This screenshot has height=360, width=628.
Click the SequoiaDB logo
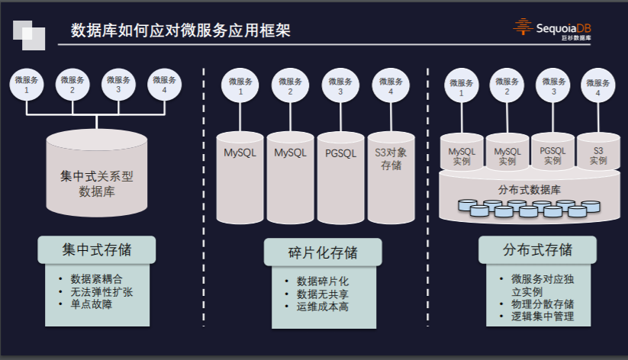(553, 30)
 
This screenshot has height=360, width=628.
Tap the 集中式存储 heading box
(97, 249)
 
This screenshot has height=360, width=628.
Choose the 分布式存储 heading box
(537, 250)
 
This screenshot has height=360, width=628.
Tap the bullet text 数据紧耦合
(95, 278)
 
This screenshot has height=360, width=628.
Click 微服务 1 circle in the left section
(27, 84)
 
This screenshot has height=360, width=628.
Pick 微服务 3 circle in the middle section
(340, 86)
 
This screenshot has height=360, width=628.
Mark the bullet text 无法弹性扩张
(101, 291)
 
